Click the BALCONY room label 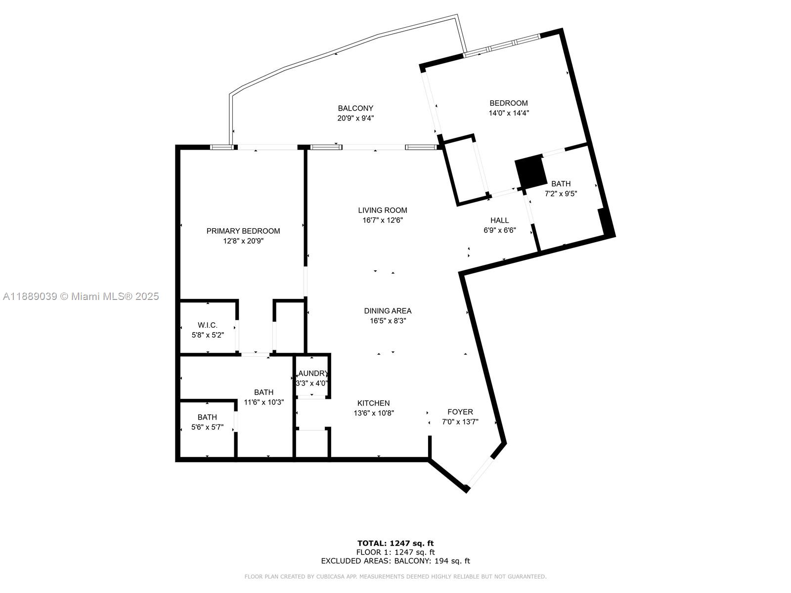[355, 108]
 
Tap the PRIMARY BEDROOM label [243, 231]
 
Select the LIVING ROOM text [382, 211]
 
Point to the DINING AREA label [388, 311]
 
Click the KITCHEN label [373, 403]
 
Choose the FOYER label [460, 412]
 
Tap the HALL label [499, 220]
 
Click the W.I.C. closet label [207, 325]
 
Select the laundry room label [312, 374]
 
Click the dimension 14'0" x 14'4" [509, 113]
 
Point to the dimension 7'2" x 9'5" [561, 194]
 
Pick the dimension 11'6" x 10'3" [264, 402]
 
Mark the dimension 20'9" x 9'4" [355, 118]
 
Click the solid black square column [530, 172]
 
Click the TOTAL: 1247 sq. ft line [395, 543]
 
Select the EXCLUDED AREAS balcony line [395, 560]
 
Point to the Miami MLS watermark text [81, 296]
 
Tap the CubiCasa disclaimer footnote [395, 576]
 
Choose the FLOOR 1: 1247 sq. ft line [395, 552]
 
